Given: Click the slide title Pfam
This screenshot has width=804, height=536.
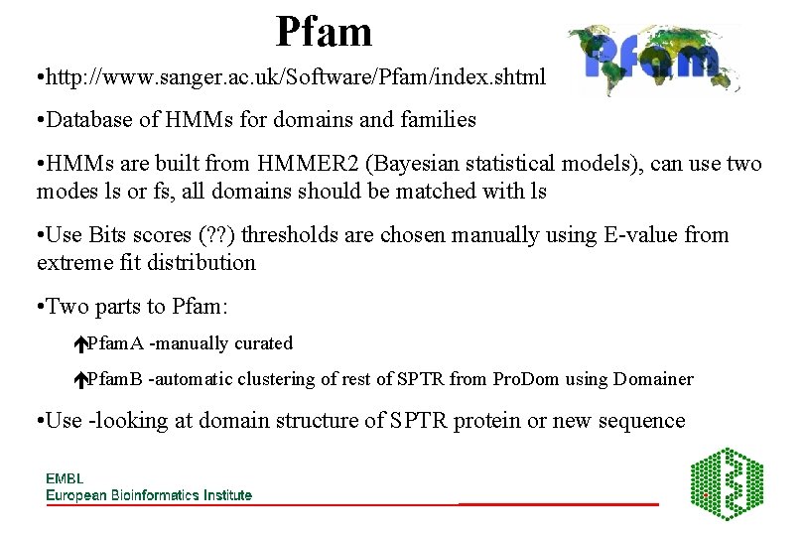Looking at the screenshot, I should click(324, 32).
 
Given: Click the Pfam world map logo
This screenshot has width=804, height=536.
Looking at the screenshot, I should click(654, 60).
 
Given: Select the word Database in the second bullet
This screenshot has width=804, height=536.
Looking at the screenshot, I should click(92, 120).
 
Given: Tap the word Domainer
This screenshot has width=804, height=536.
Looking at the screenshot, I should click(653, 379).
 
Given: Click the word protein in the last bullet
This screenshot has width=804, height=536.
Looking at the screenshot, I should click(487, 421).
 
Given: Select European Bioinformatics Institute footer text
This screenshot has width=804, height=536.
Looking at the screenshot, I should click(149, 494).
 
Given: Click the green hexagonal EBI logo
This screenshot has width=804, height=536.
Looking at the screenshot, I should click(727, 484).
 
